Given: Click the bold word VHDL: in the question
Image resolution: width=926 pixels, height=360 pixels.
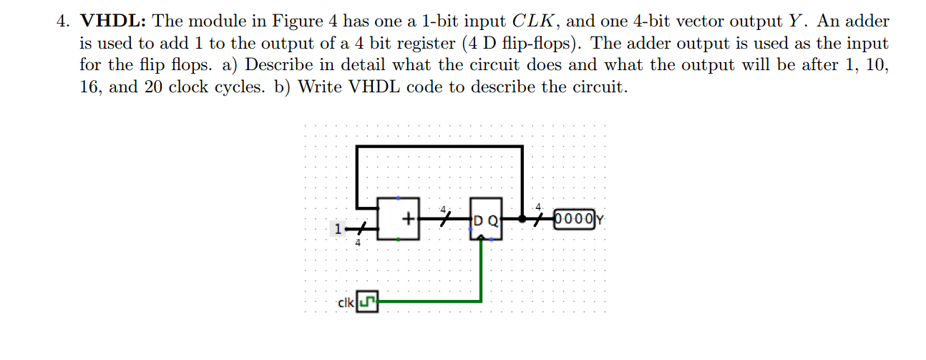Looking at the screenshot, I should point(113,21).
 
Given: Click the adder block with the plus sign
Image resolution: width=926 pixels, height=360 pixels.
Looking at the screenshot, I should point(399,218).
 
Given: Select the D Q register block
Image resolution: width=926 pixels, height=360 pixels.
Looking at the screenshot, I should point(486,219).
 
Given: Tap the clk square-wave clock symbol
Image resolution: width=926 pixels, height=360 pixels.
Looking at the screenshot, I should point(367,303).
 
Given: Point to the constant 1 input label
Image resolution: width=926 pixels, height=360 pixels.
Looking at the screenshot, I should point(336,230).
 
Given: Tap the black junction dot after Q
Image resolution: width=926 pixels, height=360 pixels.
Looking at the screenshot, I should point(522,218).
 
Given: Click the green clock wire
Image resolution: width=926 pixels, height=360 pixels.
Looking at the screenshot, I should point(429,302).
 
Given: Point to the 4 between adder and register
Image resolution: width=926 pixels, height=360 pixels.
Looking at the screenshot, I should point(443,209).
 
